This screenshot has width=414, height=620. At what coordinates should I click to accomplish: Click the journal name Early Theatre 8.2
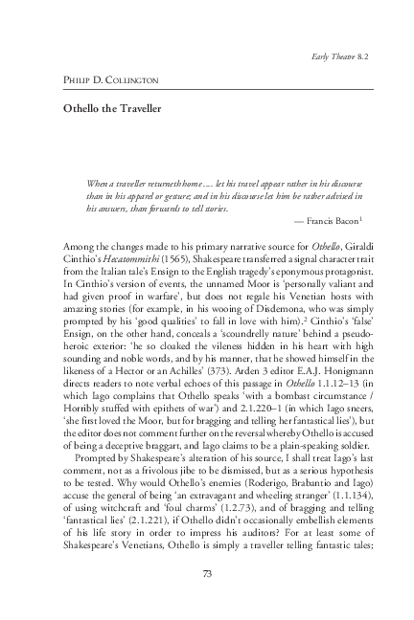pyautogui.click(x=337, y=56)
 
